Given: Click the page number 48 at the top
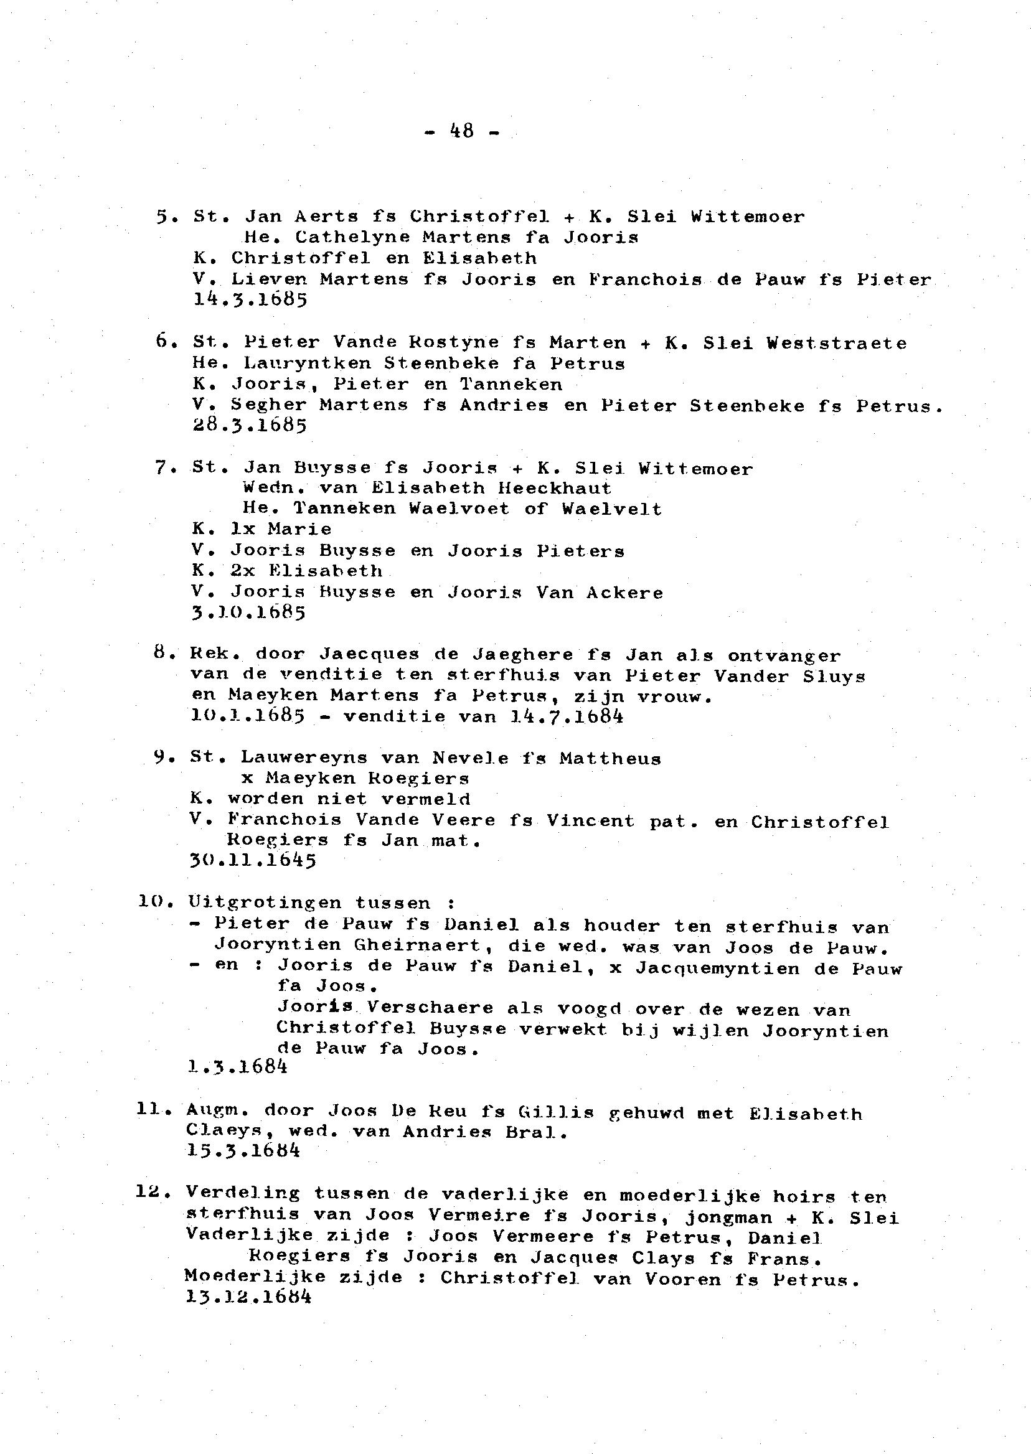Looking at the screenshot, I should coord(461,131).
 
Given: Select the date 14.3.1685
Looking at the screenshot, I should coord(250,299).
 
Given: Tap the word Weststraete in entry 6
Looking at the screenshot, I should coord(837,343).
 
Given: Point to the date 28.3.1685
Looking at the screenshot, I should coord(250,424).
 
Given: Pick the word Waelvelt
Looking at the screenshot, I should coord(611,509).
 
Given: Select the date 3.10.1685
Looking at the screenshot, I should coord(248,612).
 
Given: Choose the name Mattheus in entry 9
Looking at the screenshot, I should coord(610,758).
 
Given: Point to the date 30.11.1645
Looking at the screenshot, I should coord(253,861).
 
